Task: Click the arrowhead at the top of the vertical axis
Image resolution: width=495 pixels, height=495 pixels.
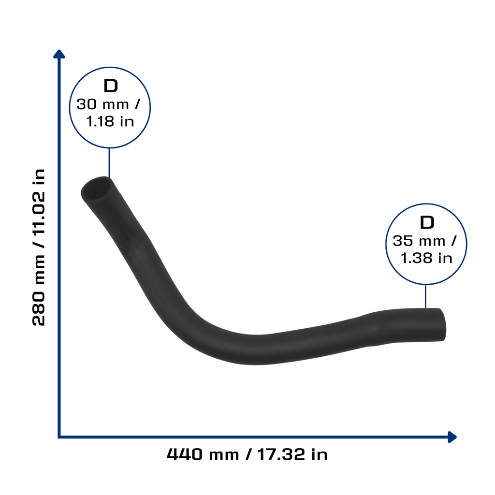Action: (59, 54)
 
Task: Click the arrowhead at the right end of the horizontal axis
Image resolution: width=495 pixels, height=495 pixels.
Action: (452, 437)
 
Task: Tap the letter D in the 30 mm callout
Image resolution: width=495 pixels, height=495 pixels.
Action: (111, 86)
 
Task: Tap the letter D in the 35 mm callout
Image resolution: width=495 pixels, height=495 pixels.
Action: (427, 222)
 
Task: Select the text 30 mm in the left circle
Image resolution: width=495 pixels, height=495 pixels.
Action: (102, 104)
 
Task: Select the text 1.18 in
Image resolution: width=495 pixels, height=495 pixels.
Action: (110, 121)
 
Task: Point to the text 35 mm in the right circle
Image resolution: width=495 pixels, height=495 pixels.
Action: (419, 241)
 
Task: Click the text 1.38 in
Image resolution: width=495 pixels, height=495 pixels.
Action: (426, 258)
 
